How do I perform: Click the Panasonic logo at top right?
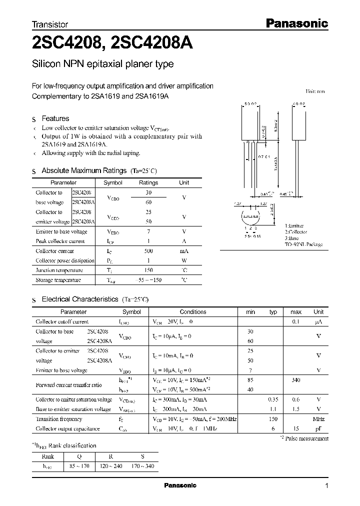[295, 23]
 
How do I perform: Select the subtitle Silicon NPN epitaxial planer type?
[102, 64]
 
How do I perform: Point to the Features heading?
[55, 118]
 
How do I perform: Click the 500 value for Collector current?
[148, 251]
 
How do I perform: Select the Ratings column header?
[148, 183]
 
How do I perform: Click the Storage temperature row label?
[58, 280]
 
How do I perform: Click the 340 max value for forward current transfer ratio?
[295, 380]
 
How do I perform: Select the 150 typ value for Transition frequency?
[273, 419]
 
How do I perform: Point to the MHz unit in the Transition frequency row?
[318, 419]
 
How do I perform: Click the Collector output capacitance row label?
[67, 429]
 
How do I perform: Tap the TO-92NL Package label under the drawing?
[303, 244]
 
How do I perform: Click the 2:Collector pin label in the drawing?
[296, 232]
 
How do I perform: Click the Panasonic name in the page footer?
[180, 485]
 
